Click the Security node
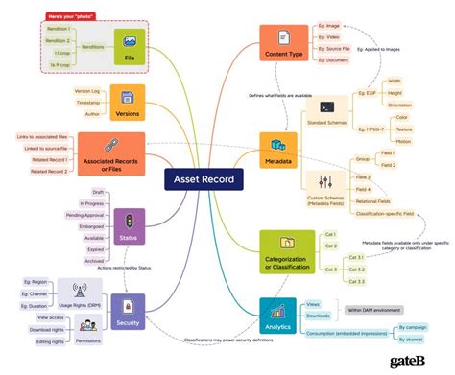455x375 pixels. [x=128, y=308]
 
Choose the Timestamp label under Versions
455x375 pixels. [x=88, y=101]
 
